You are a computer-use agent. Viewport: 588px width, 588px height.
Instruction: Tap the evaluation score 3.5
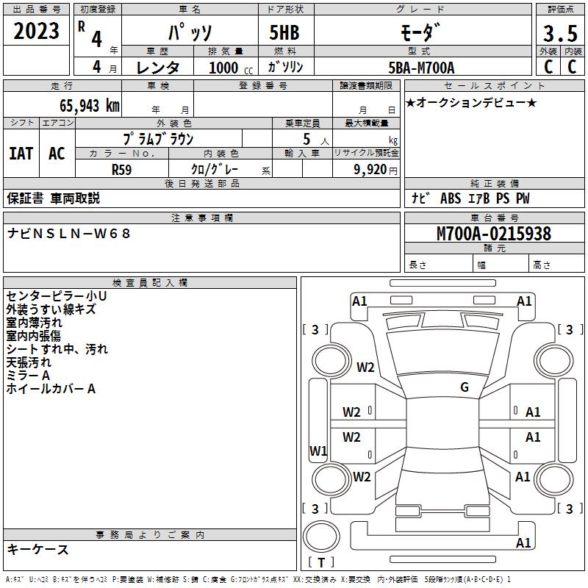[559, 33]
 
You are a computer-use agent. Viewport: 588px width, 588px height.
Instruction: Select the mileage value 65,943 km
[82, 105]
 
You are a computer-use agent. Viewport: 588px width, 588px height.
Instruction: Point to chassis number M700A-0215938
[494, 234]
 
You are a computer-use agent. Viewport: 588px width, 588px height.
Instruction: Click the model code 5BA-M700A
[421, 68]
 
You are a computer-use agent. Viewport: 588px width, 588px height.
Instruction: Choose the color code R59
[122, 169]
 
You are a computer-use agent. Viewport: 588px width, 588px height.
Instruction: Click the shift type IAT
[21, 154]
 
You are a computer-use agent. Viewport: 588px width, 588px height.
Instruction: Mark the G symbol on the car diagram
[465, 387]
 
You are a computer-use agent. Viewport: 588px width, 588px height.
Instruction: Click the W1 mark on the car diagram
[318, 451]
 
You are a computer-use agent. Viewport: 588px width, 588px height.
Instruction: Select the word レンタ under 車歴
[158, 68]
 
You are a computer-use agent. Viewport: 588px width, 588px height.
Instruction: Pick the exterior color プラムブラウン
[159, 138]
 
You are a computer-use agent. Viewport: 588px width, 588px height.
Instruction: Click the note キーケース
[37, 549]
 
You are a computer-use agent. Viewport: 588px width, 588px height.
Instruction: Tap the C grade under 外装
[548, 67]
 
